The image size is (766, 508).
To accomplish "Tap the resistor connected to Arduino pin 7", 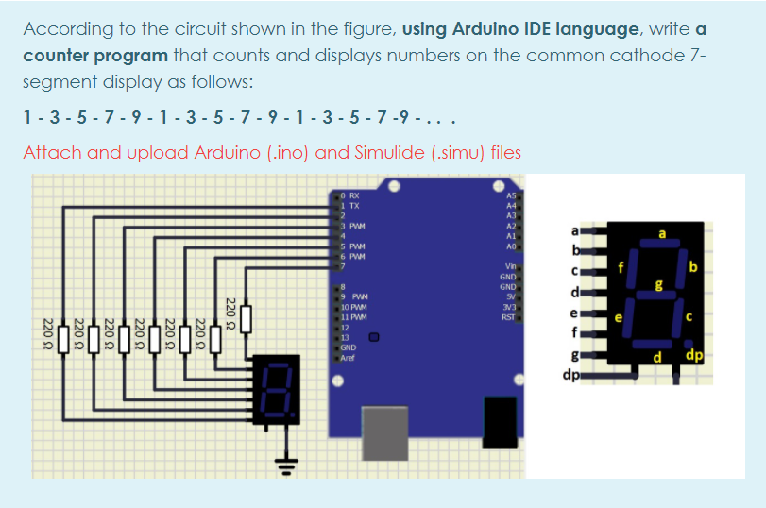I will point(246,318).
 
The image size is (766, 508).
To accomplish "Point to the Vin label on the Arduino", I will point(511,266).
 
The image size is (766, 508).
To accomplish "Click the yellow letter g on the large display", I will point(661,284).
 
